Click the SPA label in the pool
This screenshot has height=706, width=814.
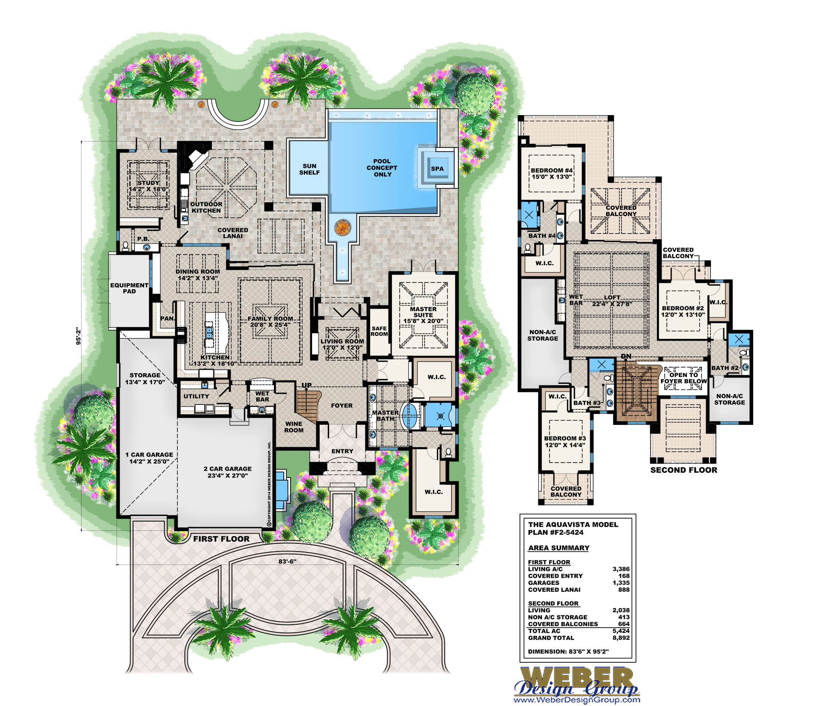[x=437, y=169]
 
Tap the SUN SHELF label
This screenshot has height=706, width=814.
[x=309, y=169]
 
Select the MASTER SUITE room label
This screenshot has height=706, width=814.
[x=423, y=312]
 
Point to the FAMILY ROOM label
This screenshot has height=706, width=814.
[x=270, y=318]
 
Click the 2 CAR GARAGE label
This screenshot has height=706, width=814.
[x=228, y=469]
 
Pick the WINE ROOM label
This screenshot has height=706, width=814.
[x=294, y=427]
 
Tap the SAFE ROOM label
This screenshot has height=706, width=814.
[x=379, y=331]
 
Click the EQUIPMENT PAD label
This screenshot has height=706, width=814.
[x=129, y=288]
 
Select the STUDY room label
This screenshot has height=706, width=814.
[x=149, y=183]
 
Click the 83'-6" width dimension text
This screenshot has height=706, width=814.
[x=287, y=561]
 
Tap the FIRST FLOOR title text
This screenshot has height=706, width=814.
[x=221, y=539]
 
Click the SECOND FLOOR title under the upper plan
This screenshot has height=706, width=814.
[x=684, y=470]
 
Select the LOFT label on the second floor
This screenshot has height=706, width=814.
[x=612, y=297]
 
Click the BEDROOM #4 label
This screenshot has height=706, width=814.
[x=552, y=170]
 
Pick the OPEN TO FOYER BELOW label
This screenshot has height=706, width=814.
[x=683, y=378]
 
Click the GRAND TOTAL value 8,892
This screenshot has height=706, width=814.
[x=621, y=638]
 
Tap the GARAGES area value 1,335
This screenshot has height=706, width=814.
[x=621, y=583]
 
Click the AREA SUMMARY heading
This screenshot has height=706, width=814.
[x=559, y=548]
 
